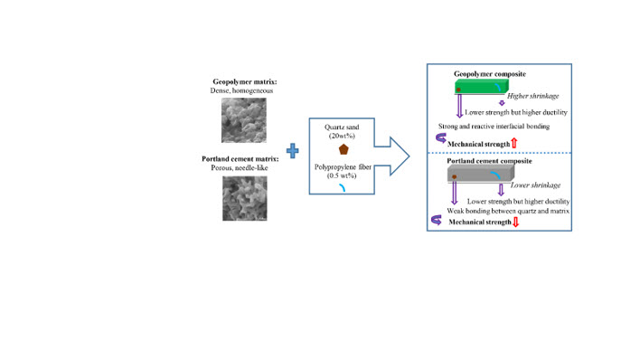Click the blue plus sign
pos(292,151)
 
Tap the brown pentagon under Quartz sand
pos(343,149)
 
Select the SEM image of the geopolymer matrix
pos(244,120)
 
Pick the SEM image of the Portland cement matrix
pos(245,198)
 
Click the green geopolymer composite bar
pos(482,87)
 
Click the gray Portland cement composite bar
pos(481,174)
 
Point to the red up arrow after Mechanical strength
pos(514,143)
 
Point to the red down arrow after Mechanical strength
pos(515,222)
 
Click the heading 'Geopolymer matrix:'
pos(245,81)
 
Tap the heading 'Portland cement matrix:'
pos(240,159)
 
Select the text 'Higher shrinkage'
pos(533,96)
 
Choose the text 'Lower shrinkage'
pos(535,185)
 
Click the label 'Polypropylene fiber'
pos(343,167)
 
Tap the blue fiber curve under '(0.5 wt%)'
pos(342,187)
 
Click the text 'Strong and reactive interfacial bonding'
pos(494,126)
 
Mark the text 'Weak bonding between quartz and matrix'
pos(508,211)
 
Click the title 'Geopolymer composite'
pos(490,74)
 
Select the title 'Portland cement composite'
pos(490,161)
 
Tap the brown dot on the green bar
pos(458,90)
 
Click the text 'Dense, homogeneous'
pos(241,90)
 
